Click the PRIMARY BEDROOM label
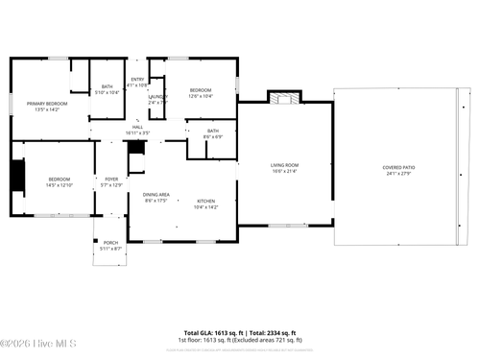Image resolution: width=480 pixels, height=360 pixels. (x=46, y=103)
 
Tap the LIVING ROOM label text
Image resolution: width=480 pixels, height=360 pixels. (x=285, y=165)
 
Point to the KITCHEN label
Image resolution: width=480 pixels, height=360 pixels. (x=206, y=201)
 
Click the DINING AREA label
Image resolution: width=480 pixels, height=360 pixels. (x=156, y=194)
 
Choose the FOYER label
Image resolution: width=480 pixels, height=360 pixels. (x=111, y=179)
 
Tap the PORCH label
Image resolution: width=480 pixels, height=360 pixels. (x=111, y=243)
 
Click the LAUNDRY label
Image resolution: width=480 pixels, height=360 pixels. (x=157, y=96)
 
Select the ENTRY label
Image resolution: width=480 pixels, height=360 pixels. (x=137, y=79)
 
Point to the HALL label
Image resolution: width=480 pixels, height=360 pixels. (x=137, y=128)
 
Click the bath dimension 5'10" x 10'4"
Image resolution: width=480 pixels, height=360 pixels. (x=108, y=93)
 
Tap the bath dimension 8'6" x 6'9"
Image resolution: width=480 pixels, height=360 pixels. (x=212, y=136)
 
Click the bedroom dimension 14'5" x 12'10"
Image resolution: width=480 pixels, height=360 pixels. (x=60, y=185)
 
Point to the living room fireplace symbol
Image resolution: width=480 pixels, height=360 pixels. (x=281, y=98)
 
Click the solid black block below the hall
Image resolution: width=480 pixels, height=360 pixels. (x=135, y=149)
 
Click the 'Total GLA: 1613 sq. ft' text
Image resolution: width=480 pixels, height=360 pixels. (x=209, y=331)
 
